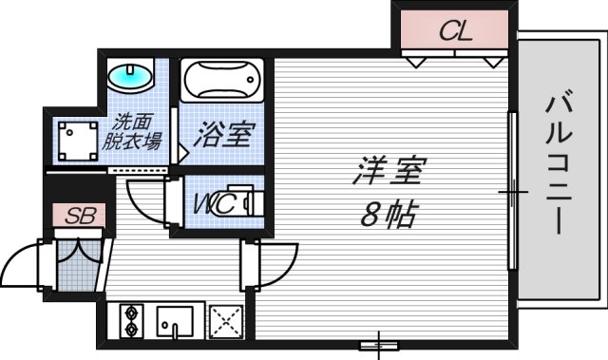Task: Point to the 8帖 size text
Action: click(x=385, y=215)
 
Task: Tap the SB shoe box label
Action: click(x=73, y=216)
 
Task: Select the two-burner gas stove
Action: click(x=130, y=319)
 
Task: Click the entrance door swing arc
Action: click(x=24, y=261)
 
